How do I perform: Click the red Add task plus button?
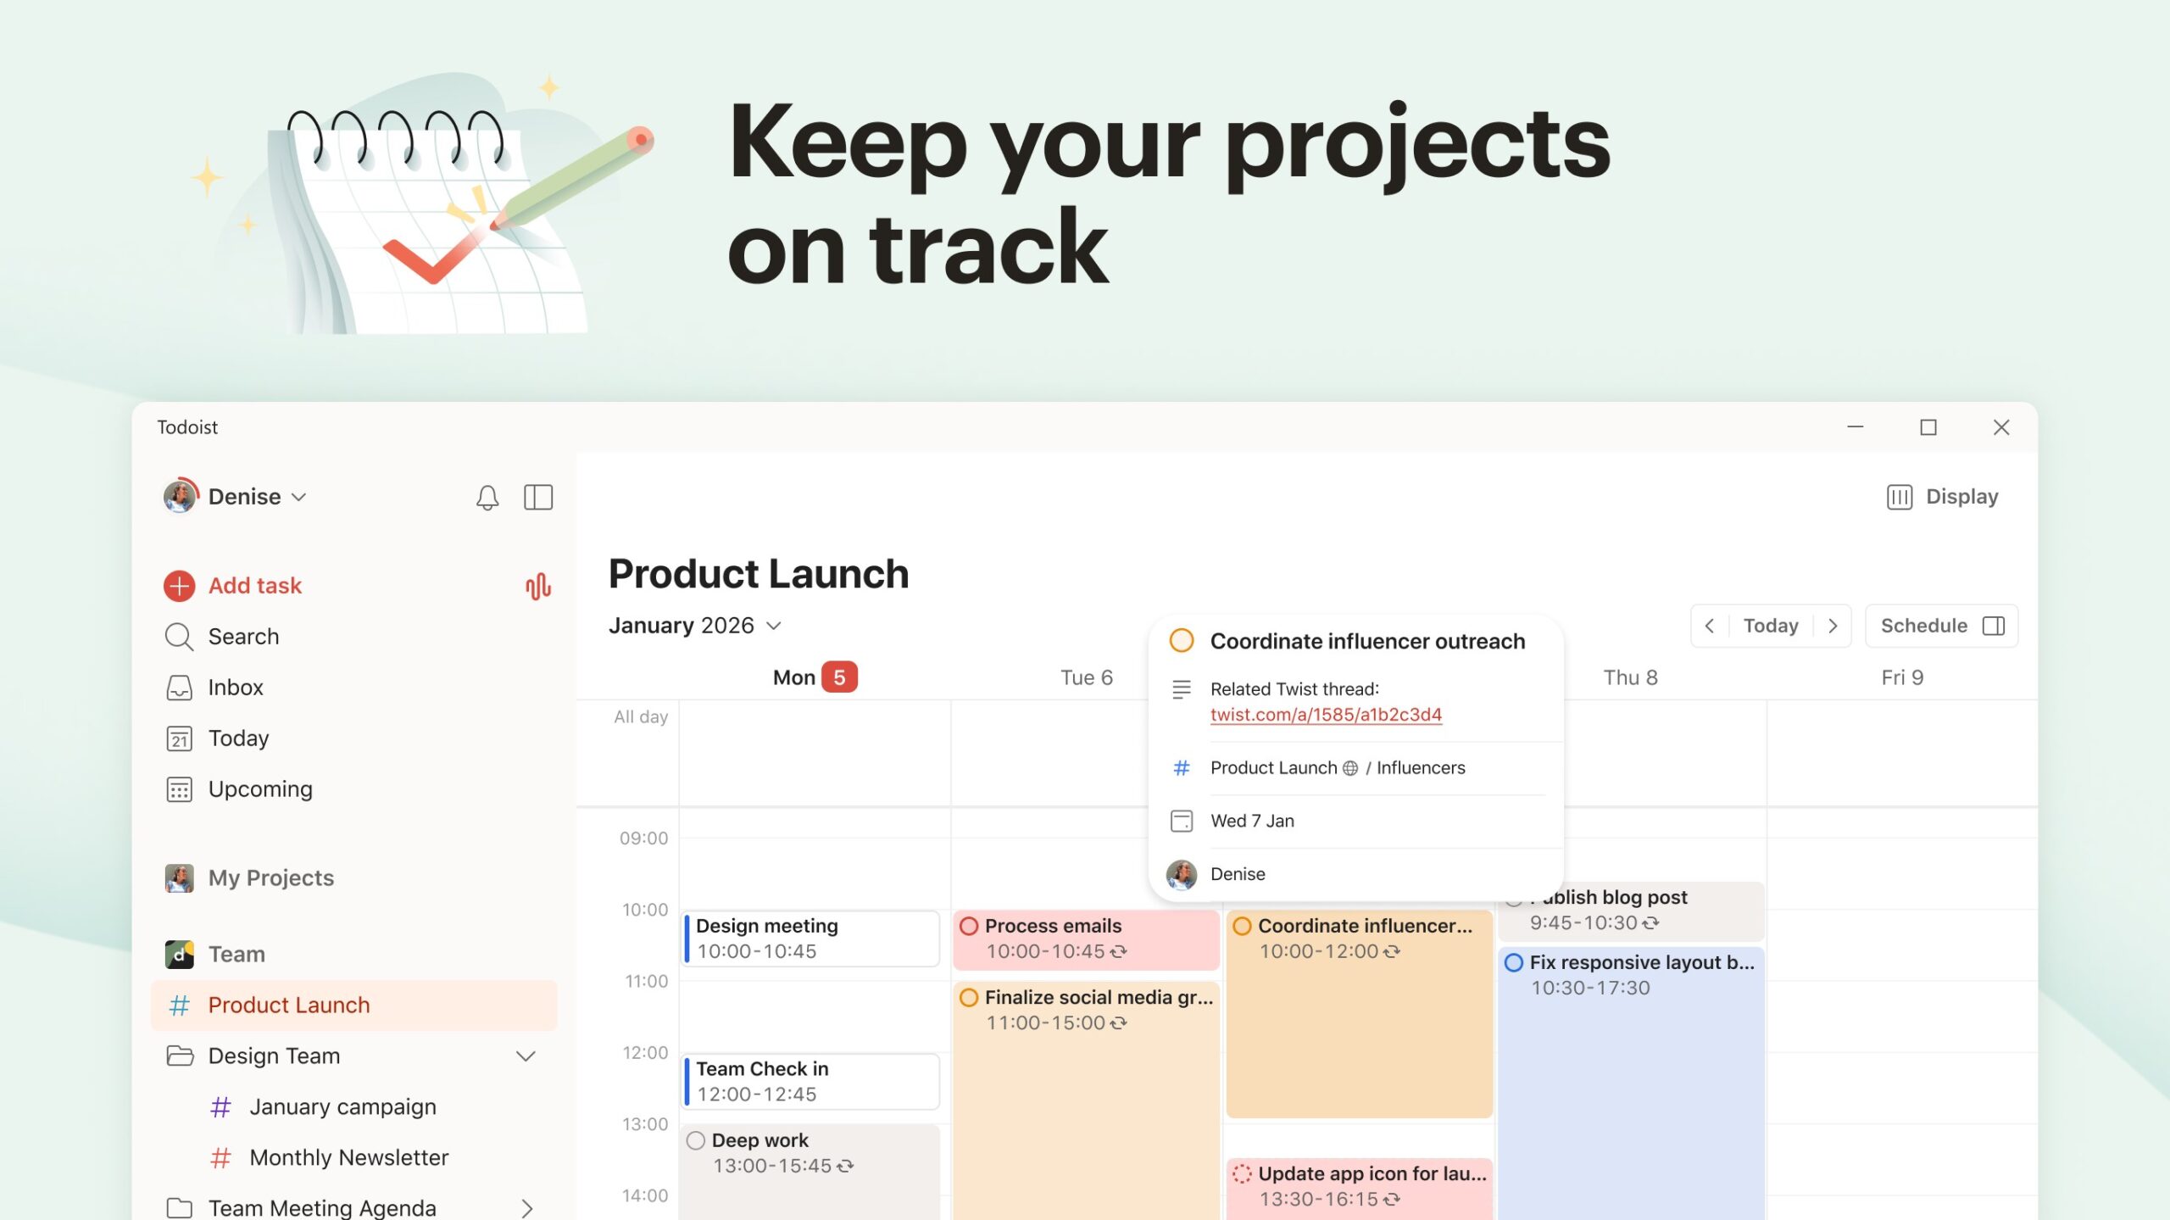point(179,586)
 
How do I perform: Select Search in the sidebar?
point(243,637)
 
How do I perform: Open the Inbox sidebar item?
point(236,688)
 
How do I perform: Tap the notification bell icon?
point(487,497)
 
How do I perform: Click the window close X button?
point(2001,427)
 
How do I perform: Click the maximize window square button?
point(1928,427)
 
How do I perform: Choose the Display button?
point(1942,497)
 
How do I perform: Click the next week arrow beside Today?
point(1833,626)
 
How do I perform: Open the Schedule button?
point(1941,626)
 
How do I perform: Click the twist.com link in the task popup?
point(1326,715)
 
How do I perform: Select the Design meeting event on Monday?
point(811,939)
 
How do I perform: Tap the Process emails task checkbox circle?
point(969,926)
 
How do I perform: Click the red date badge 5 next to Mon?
point(839,677)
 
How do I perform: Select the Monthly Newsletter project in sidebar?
point(348,1158)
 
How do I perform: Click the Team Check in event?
point(811,1081)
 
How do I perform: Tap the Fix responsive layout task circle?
point(1513,963)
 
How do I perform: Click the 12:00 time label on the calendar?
point(645,1053)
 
